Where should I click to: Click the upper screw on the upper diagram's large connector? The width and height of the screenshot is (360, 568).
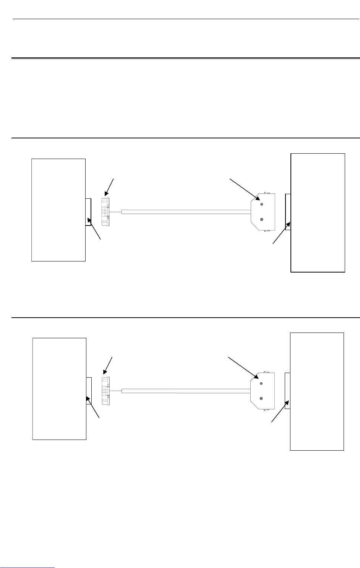tap(261, 204)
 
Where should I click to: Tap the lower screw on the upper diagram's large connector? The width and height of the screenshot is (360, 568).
tap(261, 219)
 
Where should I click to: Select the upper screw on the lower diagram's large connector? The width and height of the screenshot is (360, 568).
tap(261, 383)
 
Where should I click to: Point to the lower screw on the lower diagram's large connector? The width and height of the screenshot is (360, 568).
tap(261, 398)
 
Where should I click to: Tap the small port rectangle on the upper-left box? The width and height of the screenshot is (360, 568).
tap(88, 212)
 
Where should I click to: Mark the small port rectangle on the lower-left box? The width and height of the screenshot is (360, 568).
tap(88, 391)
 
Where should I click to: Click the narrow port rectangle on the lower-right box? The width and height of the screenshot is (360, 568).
tap(287, 391)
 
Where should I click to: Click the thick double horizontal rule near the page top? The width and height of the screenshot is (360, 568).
tap(185, 58)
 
